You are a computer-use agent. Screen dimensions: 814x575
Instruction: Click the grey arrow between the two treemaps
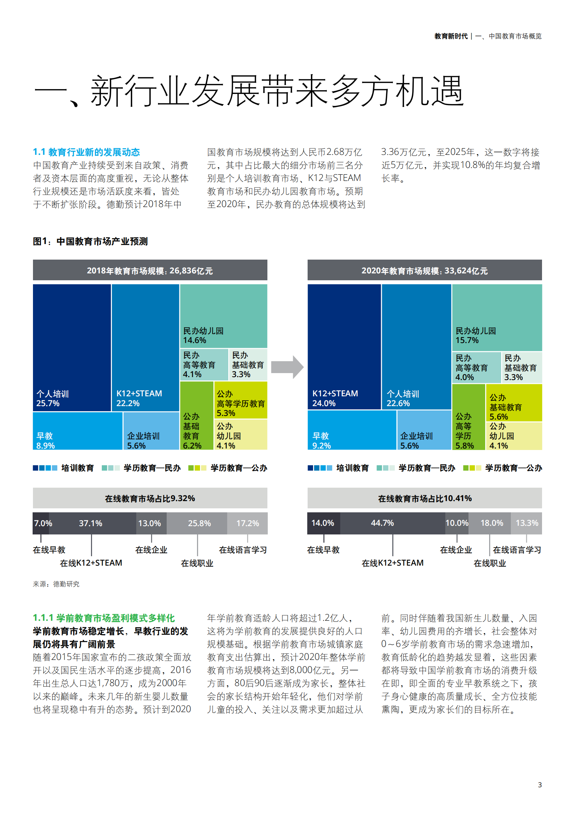(287, 367)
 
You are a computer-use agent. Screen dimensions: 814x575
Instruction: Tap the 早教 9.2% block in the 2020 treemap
(351, 430)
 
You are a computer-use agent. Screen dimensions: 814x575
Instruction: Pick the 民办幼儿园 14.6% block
(224, 316)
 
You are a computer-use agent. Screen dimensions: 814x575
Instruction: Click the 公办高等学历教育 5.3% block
(241, 400)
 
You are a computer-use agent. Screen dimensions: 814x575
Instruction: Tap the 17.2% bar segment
(247, 523)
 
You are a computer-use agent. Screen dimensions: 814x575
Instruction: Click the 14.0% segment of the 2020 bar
(323, 523)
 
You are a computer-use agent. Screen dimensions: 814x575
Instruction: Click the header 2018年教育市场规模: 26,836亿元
(150, 270)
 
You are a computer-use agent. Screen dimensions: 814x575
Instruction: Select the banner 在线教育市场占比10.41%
(425, 498)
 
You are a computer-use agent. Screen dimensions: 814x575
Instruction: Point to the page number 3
(539, 785)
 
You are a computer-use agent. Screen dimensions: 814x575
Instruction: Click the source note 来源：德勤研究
(56, 584)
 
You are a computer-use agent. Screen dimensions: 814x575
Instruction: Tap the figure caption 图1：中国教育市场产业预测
(90, 241)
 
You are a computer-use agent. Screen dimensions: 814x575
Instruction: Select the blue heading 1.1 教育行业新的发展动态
(86, 152)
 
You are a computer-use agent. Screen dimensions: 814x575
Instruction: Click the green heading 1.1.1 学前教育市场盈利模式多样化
(104, 618)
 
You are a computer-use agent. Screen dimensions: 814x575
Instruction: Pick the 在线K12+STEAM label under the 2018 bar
(91, 563)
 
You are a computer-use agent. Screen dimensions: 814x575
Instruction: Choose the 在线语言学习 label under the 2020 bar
(517, 550)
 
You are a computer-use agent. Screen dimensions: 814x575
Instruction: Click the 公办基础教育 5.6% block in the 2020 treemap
(513, 402)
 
